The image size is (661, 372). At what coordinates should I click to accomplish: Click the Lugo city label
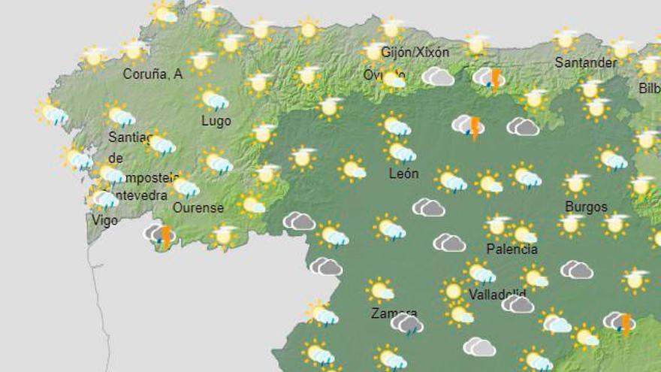(216, 121)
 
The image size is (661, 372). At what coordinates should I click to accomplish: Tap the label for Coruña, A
(153, 74)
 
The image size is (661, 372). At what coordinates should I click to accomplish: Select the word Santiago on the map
(129, 138)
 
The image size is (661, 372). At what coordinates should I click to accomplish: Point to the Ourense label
(198, 207)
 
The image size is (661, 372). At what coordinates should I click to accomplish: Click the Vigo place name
(104, 219)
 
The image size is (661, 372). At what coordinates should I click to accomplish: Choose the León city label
(404, 174)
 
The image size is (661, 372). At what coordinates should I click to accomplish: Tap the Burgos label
(586, 207)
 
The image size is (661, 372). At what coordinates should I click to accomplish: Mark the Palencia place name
(512, 249)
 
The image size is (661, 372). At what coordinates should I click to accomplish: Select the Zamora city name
(394, 313)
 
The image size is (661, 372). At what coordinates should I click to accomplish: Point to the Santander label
(585, 62)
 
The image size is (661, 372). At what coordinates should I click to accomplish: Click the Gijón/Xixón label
(415, 53)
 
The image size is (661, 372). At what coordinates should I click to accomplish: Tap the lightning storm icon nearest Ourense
(161, 234)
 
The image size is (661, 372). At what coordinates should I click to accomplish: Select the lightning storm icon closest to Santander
(490, 78)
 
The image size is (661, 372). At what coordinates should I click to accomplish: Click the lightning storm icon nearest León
(469, 126)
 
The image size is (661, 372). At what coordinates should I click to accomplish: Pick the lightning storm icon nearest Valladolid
(620, 324)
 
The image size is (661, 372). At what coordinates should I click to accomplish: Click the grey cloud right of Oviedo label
(438, 77)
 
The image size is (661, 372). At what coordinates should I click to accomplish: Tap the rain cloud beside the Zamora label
(408, 325)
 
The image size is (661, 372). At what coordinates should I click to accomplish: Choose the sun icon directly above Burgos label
(576, 183)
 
